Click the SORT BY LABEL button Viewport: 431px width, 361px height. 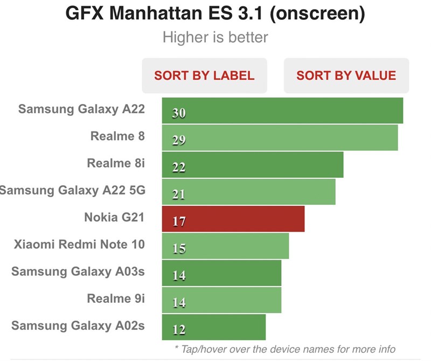[204, 75]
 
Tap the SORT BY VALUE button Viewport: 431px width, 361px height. [346, 75]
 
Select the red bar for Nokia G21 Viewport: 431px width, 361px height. [233, 219]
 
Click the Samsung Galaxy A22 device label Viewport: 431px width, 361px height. [81, 109]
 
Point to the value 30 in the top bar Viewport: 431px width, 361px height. [179, 114]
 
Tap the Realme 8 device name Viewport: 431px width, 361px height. [117, 136]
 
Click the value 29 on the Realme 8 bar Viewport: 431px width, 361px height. [179, 141]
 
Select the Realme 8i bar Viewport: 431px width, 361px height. [253, 165]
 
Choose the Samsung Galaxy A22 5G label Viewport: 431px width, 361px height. [73, 190]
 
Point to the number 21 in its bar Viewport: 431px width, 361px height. [179, 195]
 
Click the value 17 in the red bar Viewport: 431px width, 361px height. [179, 221]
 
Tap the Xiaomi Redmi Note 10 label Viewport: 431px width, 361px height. [79, 244]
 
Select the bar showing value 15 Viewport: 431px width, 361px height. [225, 246]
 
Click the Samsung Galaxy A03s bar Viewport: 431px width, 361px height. [221, 273]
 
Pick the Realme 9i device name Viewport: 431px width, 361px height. [116, 298]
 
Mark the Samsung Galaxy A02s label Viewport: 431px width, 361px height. [78, 325]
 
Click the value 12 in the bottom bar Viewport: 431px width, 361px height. [179, 329]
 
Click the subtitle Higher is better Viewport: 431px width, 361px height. [215, 38]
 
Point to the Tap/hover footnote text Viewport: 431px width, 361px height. [285, 349]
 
